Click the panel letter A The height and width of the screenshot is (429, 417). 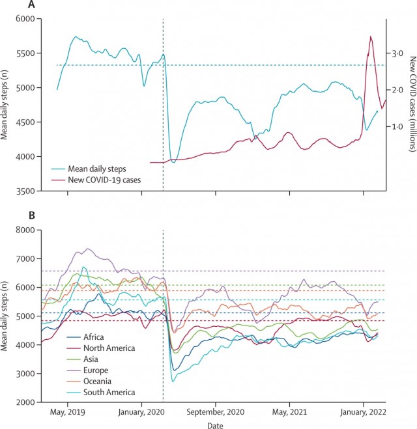31,5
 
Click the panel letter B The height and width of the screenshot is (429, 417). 32,215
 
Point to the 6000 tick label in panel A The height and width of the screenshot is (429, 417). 25,19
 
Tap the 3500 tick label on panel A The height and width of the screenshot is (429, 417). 25,191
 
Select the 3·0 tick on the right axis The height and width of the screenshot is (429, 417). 397,53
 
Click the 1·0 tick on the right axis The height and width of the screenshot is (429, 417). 397,127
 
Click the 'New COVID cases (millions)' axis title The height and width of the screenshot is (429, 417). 412,104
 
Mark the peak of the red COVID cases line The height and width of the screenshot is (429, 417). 371,36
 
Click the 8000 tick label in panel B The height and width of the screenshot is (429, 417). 25,230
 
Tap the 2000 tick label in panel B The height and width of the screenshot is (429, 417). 25,402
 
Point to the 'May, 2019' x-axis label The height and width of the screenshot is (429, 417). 67,412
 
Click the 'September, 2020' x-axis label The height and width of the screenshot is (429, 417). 216,412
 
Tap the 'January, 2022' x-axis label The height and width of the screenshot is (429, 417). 364,412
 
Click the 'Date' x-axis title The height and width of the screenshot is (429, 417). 215,425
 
